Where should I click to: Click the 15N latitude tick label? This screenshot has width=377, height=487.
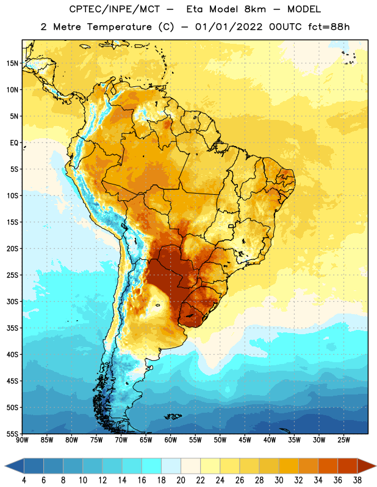(12, 63)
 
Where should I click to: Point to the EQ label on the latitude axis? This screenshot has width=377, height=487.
(14, 143)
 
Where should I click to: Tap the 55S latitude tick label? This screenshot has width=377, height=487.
(12, 433)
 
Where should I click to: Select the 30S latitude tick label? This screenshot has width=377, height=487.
(12, 301)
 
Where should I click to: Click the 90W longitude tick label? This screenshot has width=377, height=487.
(22, 440)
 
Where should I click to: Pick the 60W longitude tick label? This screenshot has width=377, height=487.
(171, 440)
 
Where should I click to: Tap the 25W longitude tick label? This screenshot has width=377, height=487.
(343, 440)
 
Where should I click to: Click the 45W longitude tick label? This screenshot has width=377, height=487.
(245, 440)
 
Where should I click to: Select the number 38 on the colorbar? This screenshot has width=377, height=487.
(357, 480)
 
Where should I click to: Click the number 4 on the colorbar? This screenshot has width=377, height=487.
(24, 480)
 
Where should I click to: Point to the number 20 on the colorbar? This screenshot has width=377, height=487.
(181, 480)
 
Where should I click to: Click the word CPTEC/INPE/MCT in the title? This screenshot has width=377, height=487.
(114, 9)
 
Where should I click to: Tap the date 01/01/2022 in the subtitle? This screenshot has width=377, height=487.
(229, 27)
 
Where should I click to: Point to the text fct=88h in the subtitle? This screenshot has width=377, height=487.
(329, 27)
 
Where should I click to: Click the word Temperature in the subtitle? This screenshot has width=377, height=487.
(119, 27)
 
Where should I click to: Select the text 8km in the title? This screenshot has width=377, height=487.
(255, 9)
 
